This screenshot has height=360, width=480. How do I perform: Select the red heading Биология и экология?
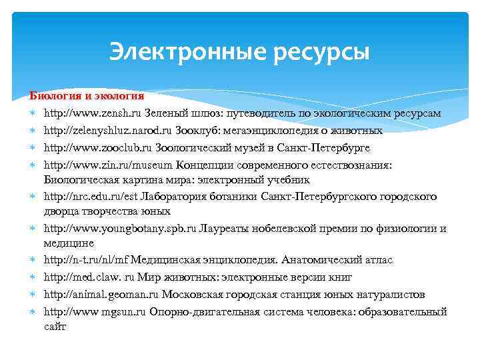coord(87,97)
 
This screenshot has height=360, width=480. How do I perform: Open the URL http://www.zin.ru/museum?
coord(99,164)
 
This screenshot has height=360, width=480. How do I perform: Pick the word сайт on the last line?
coord(55,327)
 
